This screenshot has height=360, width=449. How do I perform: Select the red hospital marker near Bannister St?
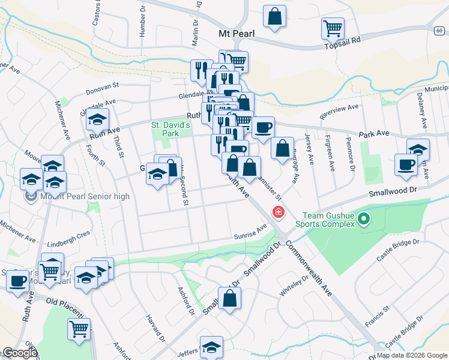[279, 212]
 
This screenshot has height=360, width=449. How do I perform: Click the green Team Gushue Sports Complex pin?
[364, 220]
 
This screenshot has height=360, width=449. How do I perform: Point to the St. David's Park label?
[170, 129]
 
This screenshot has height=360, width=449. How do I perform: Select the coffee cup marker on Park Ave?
[263, 127]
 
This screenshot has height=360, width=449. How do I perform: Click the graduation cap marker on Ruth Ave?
[97, 120]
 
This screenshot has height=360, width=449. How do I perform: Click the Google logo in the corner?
[19, 353]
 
